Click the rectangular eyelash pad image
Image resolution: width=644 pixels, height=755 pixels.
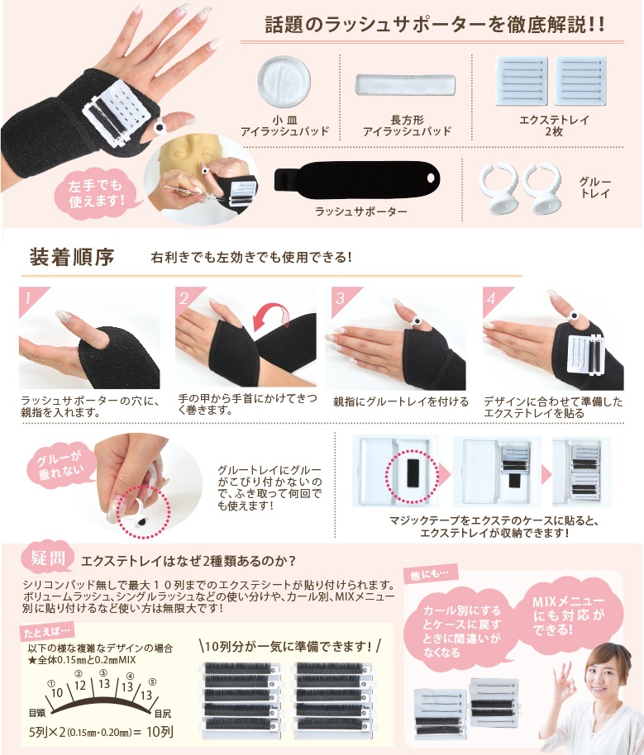[405, 85]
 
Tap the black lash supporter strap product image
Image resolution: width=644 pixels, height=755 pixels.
[357, 182]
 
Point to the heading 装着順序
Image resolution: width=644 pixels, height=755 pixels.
[72, 257]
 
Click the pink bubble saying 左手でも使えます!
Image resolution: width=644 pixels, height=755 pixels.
[96, 193]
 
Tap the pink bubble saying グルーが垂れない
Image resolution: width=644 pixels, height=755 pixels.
[61, 466]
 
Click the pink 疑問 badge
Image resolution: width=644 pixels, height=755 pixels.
[47, 558]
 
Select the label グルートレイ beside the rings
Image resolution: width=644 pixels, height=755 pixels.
[595, 188]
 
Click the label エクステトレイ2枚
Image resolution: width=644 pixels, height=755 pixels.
[554, 126]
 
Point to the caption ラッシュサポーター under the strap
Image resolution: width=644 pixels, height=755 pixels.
[360, 211]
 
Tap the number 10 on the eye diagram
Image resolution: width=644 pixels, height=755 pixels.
[57, 693]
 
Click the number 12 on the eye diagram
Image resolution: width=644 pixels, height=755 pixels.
[79, 685]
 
